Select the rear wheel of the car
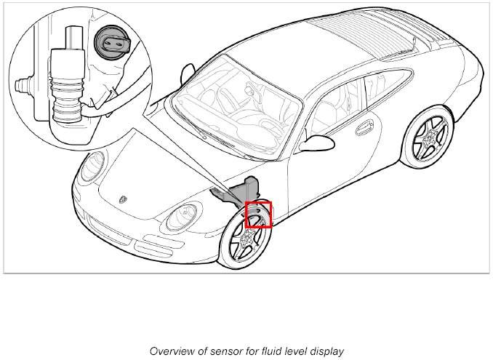click(428, 137)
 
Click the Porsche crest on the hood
click(123, 199)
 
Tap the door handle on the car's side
click(365, 128)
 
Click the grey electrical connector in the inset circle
click(112, 41)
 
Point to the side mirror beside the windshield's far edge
click(188, 74)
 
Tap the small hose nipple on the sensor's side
click(23, 84)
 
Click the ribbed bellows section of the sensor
click(67, 100)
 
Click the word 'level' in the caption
click(296, 351)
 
